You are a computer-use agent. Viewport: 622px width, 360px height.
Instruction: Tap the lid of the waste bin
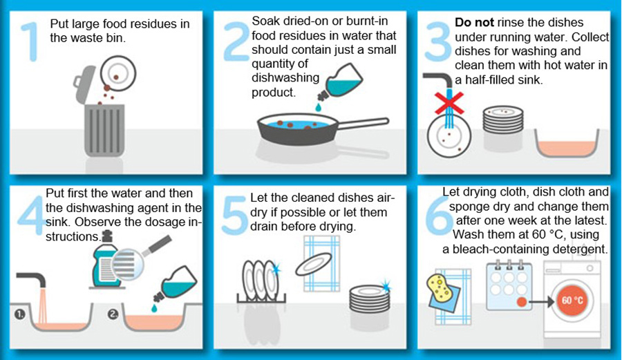coord(84,84)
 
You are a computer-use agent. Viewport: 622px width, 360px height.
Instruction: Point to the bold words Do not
coord(474,23)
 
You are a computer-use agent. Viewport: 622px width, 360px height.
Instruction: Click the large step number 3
coord(437,41)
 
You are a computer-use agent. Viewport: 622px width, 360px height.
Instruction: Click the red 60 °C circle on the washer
coord(572,300)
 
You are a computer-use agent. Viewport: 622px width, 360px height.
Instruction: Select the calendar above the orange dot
coord(509,285)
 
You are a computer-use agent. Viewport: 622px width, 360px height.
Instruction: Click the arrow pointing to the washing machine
coord(541,302)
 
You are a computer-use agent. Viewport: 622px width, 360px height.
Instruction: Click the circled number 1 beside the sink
coord(20,314)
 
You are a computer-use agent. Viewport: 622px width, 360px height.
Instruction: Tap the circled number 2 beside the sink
coord(113,314)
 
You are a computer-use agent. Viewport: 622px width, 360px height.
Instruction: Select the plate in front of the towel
coord(313,264)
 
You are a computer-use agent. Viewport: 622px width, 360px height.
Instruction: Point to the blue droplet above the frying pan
coord(318,107)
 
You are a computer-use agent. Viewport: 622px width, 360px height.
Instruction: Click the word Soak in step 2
coord(267,21)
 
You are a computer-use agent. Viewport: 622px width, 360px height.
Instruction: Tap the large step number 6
coord(438,216)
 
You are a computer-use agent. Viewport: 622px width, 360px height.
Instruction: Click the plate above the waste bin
coord(117,73)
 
